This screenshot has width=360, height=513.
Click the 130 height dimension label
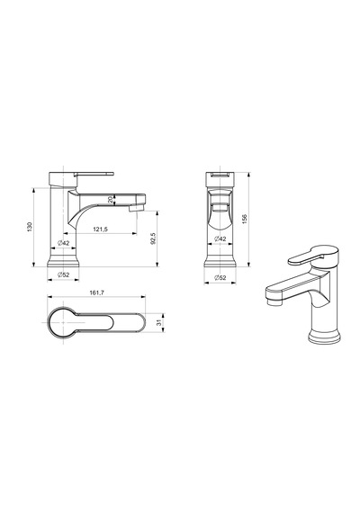click(30, 227)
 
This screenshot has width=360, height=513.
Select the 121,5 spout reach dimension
click(101, 229)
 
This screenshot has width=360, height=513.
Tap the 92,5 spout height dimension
click(153, 238)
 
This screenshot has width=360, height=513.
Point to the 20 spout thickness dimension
click(111, 199)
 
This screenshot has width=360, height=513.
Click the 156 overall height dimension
click(245, 219)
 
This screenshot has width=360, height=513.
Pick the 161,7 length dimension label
click(96, 292)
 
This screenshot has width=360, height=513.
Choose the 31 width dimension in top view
click(159, 322)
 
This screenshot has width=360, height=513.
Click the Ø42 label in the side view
click(64, 243)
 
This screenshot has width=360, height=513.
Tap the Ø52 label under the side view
click(64, 274)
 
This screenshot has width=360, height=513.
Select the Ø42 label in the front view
click(220, 239)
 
